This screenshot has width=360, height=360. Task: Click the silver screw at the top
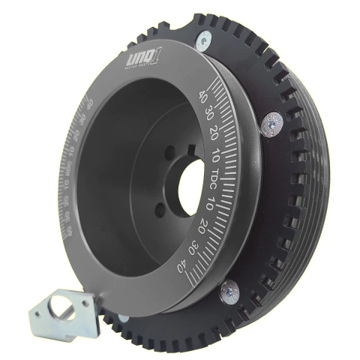click(x=203, y=41)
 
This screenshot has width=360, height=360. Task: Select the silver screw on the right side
click(x=272, y=122)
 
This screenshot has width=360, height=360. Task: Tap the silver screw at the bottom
click(x=229, y=292)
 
